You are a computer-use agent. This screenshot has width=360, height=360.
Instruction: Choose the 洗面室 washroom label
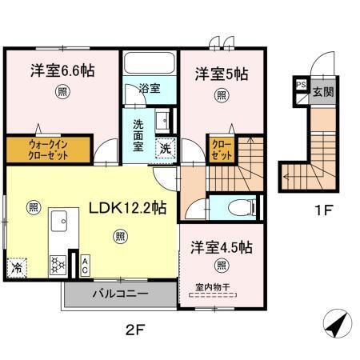[x=138, y=135]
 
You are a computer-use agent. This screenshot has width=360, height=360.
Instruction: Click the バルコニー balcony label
[x=119, y=294]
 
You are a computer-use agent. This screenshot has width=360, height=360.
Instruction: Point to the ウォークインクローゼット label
[x=38, y=150]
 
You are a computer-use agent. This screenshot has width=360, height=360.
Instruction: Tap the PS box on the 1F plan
[x=301, y=84]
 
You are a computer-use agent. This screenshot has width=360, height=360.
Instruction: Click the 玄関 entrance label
[x=323, y=92]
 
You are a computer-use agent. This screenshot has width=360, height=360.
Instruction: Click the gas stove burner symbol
[x=58, y=261]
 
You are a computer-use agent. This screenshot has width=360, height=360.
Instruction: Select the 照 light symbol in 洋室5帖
[x=221, y=96]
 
